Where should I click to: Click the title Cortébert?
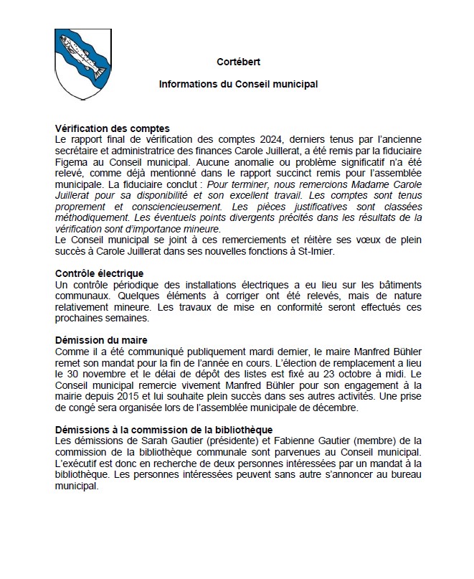(x=237, y=62)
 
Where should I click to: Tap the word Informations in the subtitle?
(x=187, y=84)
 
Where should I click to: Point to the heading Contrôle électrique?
(x=100, y=273)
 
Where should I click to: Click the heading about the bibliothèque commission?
(x=163, y=429)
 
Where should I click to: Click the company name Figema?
(x=71, y=163)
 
